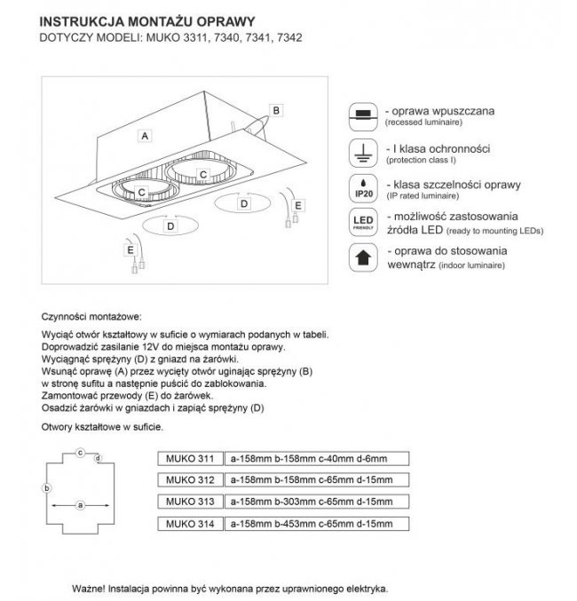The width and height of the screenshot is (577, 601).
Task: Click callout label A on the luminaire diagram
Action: (143, 136)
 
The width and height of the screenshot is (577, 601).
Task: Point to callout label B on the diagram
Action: (276, 110)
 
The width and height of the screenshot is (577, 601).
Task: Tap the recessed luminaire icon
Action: (362, 115)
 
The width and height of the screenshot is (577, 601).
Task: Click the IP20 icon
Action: (362, 188)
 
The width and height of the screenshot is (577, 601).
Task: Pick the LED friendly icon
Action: (362, 223)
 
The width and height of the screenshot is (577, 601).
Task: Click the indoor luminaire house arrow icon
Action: (362, 257)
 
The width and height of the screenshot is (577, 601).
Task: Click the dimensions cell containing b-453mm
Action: (311, 525)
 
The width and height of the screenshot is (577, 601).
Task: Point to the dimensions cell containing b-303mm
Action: (311, 502)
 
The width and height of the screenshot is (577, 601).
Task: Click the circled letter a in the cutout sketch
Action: (80, 505)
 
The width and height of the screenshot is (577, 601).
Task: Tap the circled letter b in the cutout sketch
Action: (45, 487)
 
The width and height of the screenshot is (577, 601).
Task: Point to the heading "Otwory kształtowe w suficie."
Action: (102, 428)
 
